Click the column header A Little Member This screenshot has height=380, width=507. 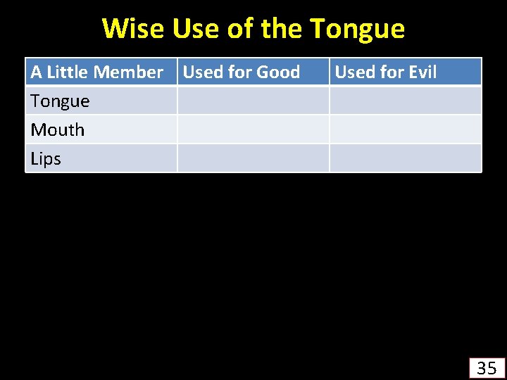tap(97, 72)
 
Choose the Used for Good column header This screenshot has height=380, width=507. tap(242, 72)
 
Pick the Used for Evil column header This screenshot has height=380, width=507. tap(385, 72)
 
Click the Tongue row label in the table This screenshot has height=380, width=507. tap(61, 101)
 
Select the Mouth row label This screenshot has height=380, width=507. tap(58, 129)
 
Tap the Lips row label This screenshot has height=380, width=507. tap(46, 158)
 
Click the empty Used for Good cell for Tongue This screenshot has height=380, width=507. tap(253, 101)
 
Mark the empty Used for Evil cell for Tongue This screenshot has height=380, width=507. tap(405, 101)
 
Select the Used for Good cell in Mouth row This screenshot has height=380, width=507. tap(253, 129)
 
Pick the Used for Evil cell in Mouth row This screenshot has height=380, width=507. tap(405, 129)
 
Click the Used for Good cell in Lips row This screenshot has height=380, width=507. tap(253, 158)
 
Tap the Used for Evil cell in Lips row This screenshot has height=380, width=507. tap(405, 158)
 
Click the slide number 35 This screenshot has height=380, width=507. tap(487, 367)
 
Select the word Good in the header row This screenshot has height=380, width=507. tap(278, 72)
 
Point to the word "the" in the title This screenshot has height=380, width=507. tap(282, 29)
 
